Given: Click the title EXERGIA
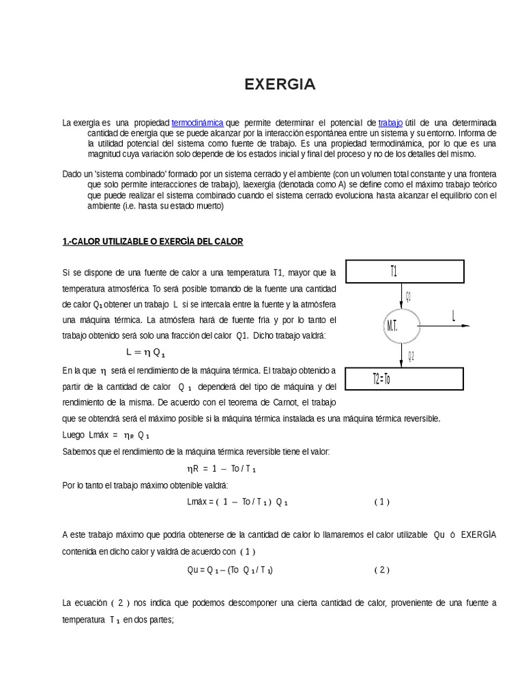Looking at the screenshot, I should pos(280,85).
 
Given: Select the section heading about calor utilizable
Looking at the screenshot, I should pos(152,242).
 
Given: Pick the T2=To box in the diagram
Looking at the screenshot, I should pos(404,378).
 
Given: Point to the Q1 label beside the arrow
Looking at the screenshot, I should pos(409,296).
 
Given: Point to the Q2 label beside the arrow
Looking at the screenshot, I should pos(411,355).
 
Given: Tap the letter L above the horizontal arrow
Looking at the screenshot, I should pos(453,315).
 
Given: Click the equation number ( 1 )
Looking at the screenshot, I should pos(381,502).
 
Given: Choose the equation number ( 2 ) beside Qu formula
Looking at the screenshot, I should pos(381,569).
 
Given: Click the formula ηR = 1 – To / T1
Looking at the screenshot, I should pos(221,469).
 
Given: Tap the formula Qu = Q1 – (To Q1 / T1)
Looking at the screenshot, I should pos(224,569).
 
